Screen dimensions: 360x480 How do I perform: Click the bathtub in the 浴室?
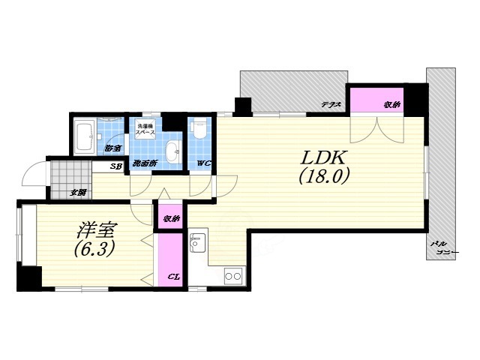click(84, 137)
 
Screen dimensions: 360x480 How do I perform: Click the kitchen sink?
click(198, 242)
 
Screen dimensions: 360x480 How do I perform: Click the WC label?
click(203, 163)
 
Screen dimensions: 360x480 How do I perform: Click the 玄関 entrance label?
click(78, 193)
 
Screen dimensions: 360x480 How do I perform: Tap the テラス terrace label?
click(331, 105)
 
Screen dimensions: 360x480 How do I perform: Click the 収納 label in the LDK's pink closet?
click(392, 105)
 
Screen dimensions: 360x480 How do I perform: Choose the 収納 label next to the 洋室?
click(172, 218)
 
